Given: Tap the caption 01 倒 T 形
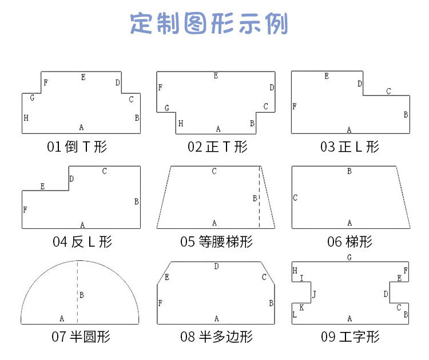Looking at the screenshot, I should [77, 147].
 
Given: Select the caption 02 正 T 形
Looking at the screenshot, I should [217, 147].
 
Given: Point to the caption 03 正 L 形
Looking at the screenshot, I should [349, 147].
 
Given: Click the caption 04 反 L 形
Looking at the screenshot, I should [82, 242].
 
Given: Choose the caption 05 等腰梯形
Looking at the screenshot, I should [216, 242].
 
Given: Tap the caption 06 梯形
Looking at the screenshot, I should [349, 242].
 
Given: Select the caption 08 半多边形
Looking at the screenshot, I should [216, 337].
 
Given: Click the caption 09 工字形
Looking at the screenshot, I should [349, 337].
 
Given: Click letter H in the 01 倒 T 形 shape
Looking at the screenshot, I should [26, 118].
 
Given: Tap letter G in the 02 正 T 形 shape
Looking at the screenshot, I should [167, 108].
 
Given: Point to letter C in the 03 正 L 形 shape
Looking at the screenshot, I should [389, 91].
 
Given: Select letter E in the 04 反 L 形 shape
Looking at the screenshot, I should [42, 187].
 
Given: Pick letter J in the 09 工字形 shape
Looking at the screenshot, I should [314, 294].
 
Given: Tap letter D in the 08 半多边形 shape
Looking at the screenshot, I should [216, 266].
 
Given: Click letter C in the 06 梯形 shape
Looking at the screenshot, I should [295, 199].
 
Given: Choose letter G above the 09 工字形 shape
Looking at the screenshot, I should [349, 258].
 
